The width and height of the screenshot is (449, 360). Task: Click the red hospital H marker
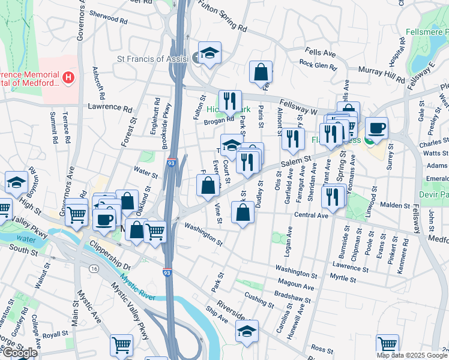coord(69,78)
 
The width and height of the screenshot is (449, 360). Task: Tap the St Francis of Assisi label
coord(152,59)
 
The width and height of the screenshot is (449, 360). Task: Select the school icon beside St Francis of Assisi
coord(209,53)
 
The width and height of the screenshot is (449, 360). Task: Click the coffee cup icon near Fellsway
coord(376,128)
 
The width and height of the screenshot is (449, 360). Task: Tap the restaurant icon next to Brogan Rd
coord(230,101)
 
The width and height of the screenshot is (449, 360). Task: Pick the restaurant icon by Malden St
coord(330,196)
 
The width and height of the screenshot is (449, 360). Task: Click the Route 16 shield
coord(93,269)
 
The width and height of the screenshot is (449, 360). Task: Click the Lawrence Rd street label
coord(109,109)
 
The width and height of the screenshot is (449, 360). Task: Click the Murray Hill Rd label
coord(382,74)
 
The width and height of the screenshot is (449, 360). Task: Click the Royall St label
coord(56,334)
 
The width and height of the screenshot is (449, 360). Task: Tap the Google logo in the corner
coord(19,353)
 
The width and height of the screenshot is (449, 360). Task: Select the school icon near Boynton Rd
coord(16,182)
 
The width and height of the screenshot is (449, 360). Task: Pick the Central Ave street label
coord(311,215)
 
